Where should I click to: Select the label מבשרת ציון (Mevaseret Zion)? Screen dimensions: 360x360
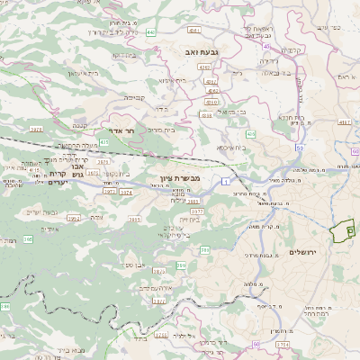pos(167,178)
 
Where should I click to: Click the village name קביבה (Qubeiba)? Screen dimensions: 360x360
pos(134,97)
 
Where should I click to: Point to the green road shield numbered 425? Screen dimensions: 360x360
pos(105,142)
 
